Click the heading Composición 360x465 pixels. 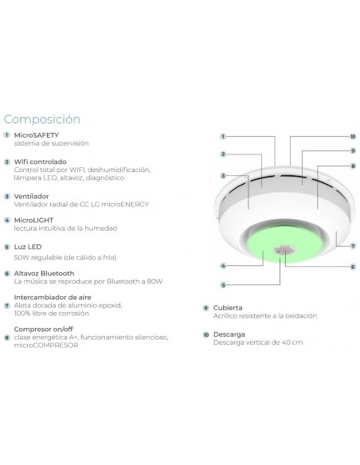tap(41, 119)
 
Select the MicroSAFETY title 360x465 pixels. tap(37, 135)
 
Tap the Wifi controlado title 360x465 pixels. tap(40, 162)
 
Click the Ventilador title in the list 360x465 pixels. tap(31, 197)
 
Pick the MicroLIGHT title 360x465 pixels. tap(33, 221)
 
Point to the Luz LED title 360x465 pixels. tap(28, 247)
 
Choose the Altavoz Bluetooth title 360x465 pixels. tap(44, 273)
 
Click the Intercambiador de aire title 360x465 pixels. tap(53, 297)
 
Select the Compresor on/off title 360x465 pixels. tap(43, 329)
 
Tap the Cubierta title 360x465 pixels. tap(228, 308)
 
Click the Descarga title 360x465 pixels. tap(229, 334)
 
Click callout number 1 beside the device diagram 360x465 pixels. tap(223, 136)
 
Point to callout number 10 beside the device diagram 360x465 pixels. tap(353, 136)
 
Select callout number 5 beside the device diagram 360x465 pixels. tap(223, 285)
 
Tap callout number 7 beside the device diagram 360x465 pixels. tap(353, 246)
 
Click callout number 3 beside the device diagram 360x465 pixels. tap(223, 176)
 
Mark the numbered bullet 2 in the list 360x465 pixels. tap(7, 162)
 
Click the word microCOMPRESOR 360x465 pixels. tap(46, 346)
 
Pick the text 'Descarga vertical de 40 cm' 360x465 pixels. tap(258, 342)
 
